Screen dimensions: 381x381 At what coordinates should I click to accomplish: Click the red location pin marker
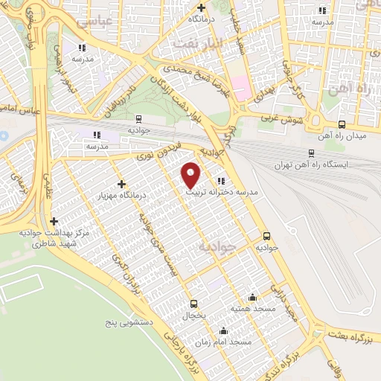191,174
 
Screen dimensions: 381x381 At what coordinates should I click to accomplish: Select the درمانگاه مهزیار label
121,195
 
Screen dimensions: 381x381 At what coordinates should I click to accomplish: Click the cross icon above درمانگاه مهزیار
121,183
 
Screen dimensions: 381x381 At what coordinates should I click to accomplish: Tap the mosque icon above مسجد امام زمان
223,331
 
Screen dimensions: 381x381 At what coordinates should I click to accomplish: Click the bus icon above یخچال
193,303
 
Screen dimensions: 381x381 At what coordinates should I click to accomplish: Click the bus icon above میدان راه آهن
342,124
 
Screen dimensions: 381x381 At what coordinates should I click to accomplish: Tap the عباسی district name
94,22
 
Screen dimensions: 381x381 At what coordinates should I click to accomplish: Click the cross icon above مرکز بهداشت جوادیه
54,221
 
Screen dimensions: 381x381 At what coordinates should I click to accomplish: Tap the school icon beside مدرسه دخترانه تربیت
220,180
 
